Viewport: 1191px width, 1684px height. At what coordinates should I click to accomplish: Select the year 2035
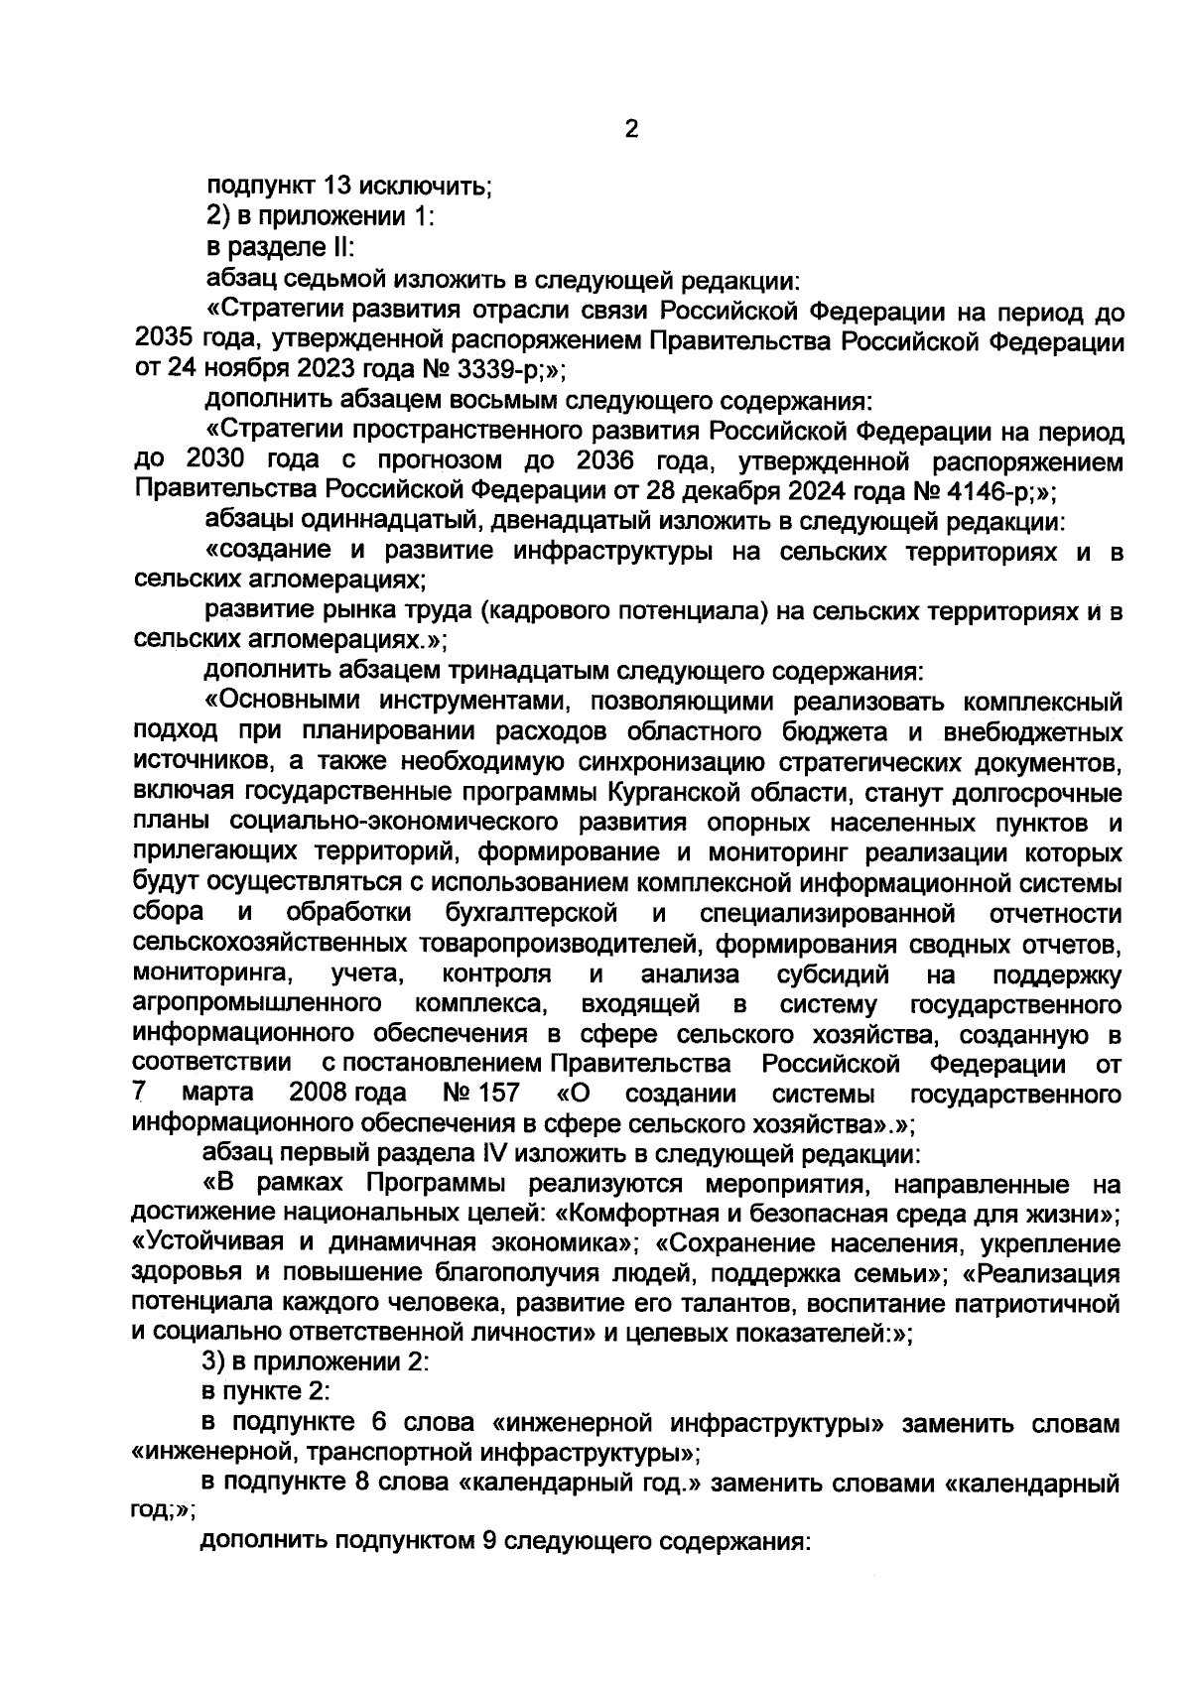pos(165,343)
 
